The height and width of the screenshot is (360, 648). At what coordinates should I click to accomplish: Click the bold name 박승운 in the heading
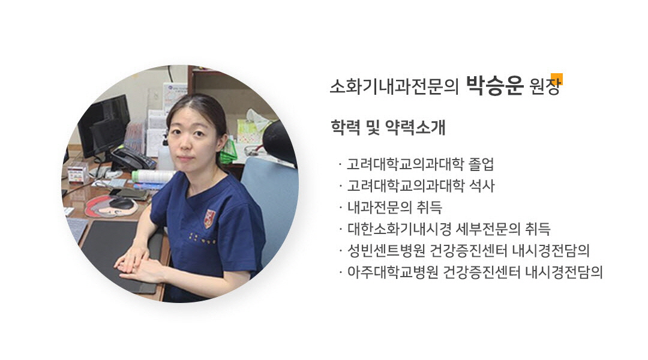(x=494, y=86)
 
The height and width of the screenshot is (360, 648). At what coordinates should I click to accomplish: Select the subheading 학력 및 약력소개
(x=388, y=127)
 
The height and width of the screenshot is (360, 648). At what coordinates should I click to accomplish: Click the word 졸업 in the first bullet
(x=481, y=164)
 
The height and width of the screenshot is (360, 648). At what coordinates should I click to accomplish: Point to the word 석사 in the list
(x=482, y=185)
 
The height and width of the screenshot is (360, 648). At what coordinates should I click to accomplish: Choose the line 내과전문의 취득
(x=395, y=207)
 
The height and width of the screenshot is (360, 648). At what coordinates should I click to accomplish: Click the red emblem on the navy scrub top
(x=209, y=219)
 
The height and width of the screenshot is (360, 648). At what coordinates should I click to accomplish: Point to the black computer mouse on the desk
(x=121, y=203)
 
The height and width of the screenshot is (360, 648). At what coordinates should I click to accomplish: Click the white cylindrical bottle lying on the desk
(x=153, y=176)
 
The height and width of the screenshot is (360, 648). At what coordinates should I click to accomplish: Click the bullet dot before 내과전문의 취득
(x=340, y=208)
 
